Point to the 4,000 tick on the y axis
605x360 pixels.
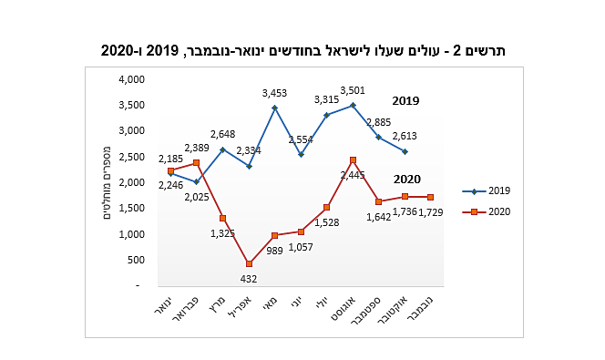click(x=131, y=80)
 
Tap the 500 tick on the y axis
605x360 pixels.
click(x=136, y=260)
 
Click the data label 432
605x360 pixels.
click(x=250, y=279)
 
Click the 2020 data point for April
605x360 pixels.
click(x=249, y=264)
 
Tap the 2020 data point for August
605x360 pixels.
click(x=353, y=160)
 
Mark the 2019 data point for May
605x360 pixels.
click(x=274, y=108)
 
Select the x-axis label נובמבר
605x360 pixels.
click(x=426, y=312)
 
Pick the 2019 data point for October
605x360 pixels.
click(x=405, y=151)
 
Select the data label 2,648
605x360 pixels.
click(x=223, y=135)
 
